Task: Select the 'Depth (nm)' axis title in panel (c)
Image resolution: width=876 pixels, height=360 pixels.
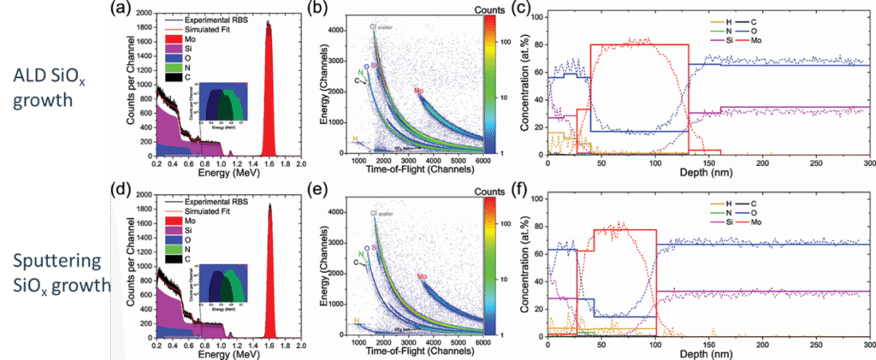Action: [708, 174]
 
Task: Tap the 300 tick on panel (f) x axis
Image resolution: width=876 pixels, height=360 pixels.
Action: [867, 345]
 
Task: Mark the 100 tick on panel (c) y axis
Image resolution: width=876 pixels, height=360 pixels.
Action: [536, 16]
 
